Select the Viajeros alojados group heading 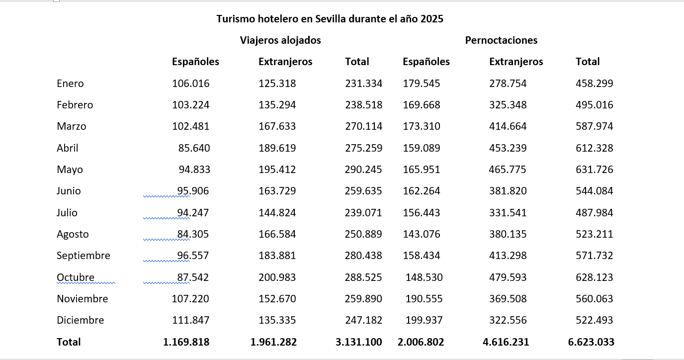[280, 40]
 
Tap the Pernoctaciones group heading [501, 40]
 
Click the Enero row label [70, 84]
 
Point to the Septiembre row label [84, 256]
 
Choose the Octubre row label [76, 277]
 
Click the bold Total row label [69, 342]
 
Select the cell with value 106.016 [190, 84]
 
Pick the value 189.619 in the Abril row [277, 148]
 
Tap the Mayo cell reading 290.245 [363, 170]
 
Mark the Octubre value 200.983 [277, 277]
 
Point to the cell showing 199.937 [424, 320]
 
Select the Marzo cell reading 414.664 [508, 126]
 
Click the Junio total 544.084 [594, 191]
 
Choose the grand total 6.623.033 [591, 342]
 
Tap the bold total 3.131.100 [359, 342]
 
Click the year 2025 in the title [431, 19]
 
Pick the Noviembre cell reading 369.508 [508, 299]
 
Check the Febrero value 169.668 [421, 105]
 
